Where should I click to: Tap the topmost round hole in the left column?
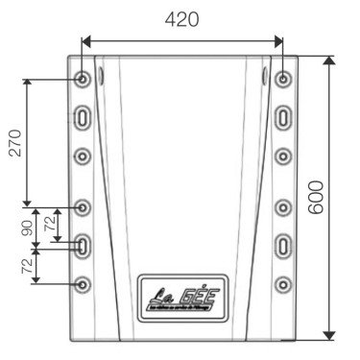tap(84, 78)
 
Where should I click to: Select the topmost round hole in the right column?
tap(282, 78)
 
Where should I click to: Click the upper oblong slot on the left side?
tap(84, 117)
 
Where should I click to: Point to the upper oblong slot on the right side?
tap(282, 117)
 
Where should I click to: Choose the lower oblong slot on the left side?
tap(84, 246)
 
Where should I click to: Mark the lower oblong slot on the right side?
tap(282, 246)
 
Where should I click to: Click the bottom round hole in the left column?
tap(84, 284)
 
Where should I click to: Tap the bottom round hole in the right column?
tap(282, 284)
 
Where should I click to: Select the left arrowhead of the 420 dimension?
tap(85, 40)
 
